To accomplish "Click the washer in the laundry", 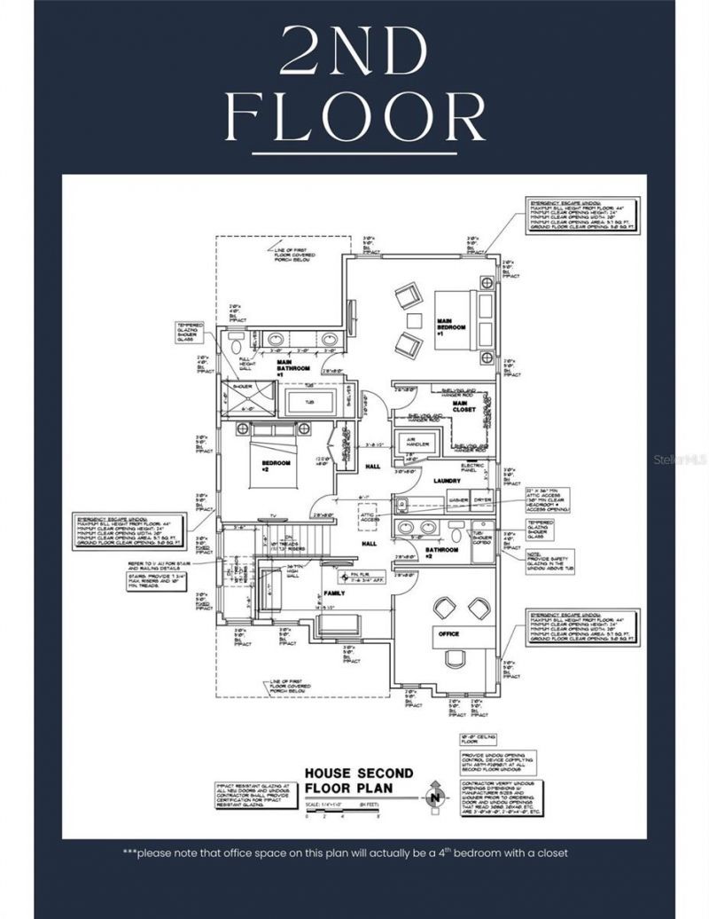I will (459, 501).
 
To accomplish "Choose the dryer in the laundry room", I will (483, 501).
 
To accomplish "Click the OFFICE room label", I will (448, 633).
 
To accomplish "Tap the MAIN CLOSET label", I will (464, 406).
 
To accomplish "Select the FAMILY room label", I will (335, 592).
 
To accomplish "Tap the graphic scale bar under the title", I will (337, 810).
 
